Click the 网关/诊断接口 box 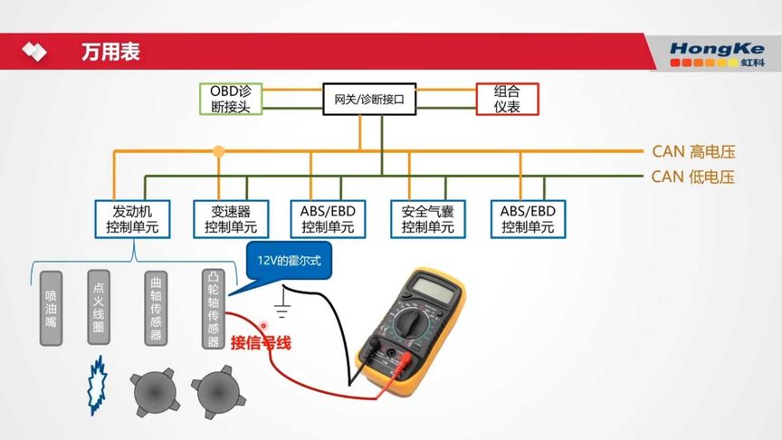tap(369, 99)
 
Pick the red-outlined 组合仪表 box tap(507, 99)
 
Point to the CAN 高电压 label tap(692, 151)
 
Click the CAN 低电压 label tap(692, 177)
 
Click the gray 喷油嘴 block tap(52, 308)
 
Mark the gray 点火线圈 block tap(100, 308)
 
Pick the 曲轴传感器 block tap(157, 308)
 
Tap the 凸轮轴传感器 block tap(214, 308)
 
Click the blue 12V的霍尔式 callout tap(289, 262)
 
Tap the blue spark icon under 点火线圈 tap(94, 385)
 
